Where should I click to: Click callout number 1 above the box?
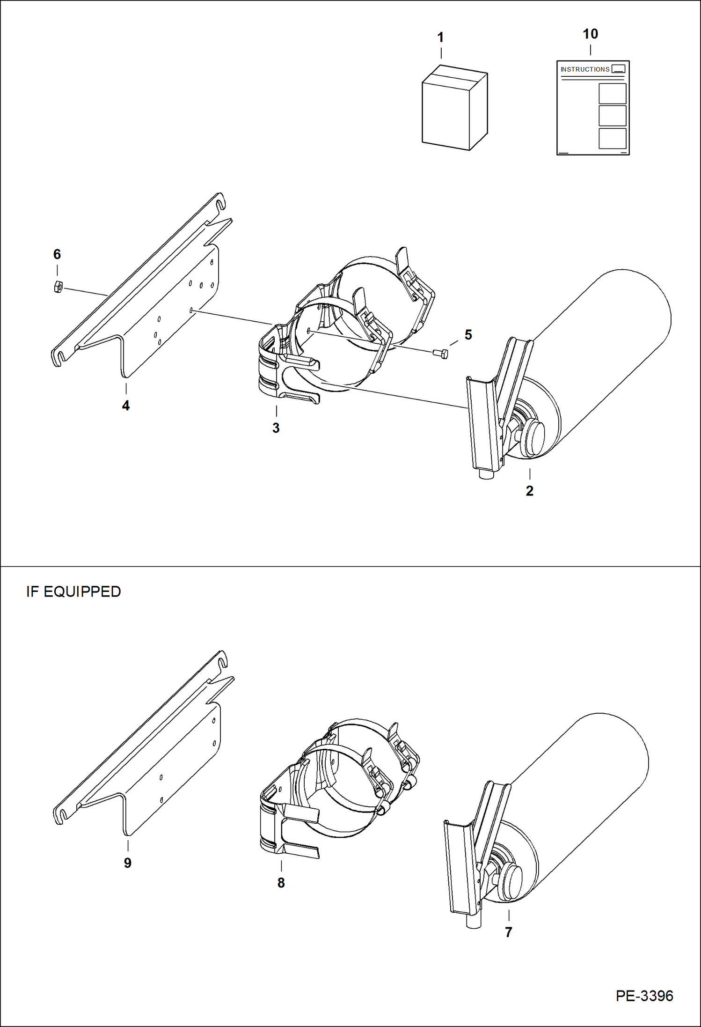[440, 37]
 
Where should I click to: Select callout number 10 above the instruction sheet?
[590, 34]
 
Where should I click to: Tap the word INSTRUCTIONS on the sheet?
[584, 69]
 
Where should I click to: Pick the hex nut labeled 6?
[58, 286]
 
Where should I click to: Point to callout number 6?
[57, 254]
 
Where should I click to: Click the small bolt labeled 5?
[441, 353]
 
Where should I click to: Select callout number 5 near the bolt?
[468, 334]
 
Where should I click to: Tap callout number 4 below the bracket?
[126, 406]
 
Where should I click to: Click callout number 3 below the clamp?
[276, 428]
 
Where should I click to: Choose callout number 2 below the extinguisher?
[529, 491]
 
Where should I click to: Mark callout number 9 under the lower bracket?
[128, 863]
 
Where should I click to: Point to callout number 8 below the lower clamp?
[281, 883]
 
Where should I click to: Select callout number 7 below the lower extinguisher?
[509, 932]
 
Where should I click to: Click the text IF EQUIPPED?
[73, 591]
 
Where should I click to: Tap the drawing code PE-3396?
[644, 996]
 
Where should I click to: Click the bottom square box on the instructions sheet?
[612, 138]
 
